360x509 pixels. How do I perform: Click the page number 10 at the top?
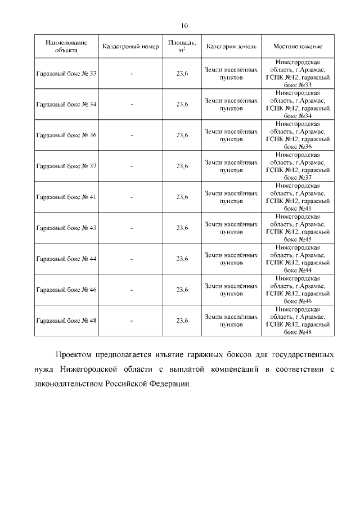tap(184, 26)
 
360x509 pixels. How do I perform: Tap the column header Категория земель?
tap(231, 46)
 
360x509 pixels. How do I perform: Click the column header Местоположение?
tap(298, 46)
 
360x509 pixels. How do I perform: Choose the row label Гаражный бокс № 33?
tap(66, 74)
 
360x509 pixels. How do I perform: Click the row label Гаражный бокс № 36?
tap(66, 135)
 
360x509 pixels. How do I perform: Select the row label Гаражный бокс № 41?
tap(66, 197)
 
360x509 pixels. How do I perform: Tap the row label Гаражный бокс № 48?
tap(66, 321)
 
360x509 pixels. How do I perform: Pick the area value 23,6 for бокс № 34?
tap(182, 105)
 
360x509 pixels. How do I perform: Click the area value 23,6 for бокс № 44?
tap(182, 259)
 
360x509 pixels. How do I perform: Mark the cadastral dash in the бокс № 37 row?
tap(131, 166)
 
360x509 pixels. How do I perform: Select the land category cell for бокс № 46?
tap(231, 290)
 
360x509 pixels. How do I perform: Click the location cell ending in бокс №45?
tap(298, 228)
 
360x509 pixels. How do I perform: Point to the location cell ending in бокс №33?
tap(298, 74)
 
